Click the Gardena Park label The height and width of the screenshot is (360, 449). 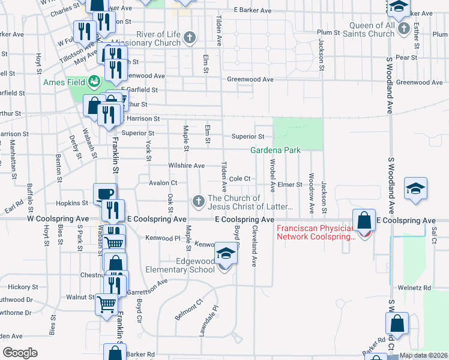(x=275, y=150)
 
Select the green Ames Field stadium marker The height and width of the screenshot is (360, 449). (x=94, y=81)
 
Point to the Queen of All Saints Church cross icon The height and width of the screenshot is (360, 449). (x=404, y=28)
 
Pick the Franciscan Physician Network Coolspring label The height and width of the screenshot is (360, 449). (x=316, y=232)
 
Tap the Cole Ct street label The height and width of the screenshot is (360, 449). (x=239, y=179)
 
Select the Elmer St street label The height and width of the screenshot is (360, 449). (x=290, y=185)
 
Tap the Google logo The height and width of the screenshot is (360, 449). (x=20, y=353)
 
